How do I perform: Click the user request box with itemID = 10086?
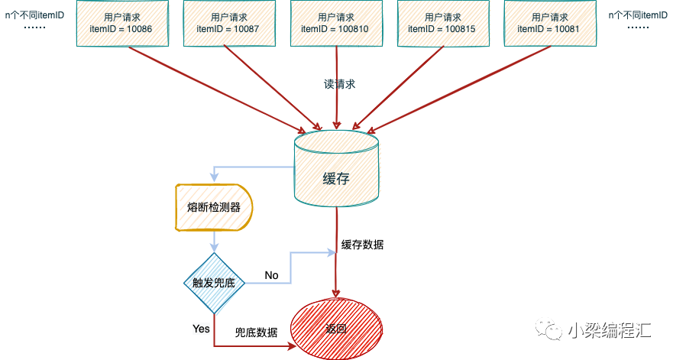point(122,23)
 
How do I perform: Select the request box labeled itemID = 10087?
point(229,23)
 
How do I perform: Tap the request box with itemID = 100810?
point(336,23)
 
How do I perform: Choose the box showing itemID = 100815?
point(443,23)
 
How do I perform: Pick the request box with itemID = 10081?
point(550,23)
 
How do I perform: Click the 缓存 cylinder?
point(336,168)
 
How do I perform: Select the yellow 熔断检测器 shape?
point(214,207)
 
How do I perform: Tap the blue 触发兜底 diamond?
point(214,283)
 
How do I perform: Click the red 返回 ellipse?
point(336,329)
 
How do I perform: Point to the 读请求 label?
point(339,84)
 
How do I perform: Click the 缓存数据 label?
point(362,245)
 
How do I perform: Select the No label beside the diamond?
point(271,275)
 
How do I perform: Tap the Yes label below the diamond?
point(201,329)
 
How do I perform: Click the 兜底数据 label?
point(256,332)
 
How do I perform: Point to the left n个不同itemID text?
point(34,15)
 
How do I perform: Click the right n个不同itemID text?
point(638,15)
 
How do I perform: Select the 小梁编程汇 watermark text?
point(610,330)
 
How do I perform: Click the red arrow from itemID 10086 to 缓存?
point(217,89)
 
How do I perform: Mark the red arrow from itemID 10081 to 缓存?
point(458,89)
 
